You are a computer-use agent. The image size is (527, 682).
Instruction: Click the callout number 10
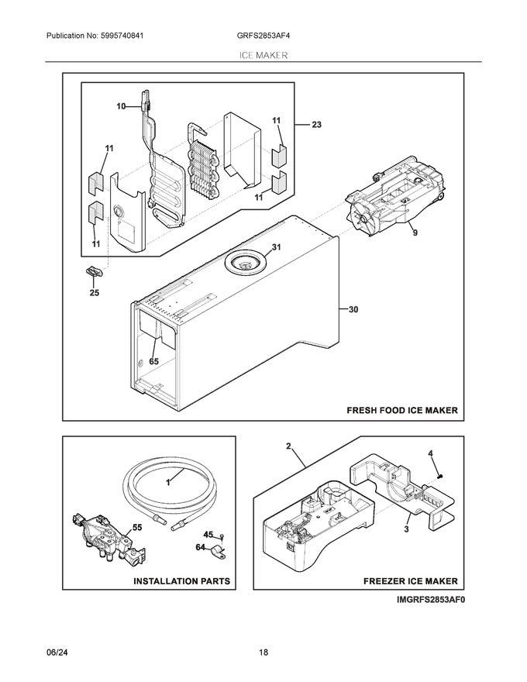(x=121, y=106)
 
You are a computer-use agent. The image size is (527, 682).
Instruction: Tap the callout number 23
(x=316, y=123)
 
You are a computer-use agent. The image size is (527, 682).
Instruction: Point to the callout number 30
(x=353, y=310)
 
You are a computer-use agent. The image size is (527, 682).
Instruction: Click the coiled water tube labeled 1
(x=170, y=487)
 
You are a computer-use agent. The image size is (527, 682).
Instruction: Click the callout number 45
(x=207, y=535)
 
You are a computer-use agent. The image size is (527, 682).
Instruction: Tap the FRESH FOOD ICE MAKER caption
(x=401, y=411)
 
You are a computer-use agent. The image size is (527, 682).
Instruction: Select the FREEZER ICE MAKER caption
(x=411, y=580)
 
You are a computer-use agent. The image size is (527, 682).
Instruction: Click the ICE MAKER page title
(x=263, y=56)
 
